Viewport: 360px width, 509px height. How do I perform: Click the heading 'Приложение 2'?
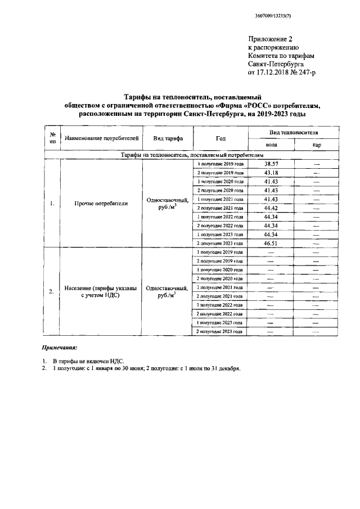pos(271,39)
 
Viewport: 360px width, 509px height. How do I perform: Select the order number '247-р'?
pos(310,73)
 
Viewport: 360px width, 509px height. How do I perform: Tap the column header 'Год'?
pos(220,138)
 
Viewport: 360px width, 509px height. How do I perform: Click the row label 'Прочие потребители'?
pos(101,203)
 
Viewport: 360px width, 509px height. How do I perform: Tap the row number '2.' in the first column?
pos(51,291)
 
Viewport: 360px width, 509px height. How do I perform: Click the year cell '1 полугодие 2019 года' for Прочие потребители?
pos(220,164)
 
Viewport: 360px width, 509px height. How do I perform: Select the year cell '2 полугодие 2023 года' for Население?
pos(220,332)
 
